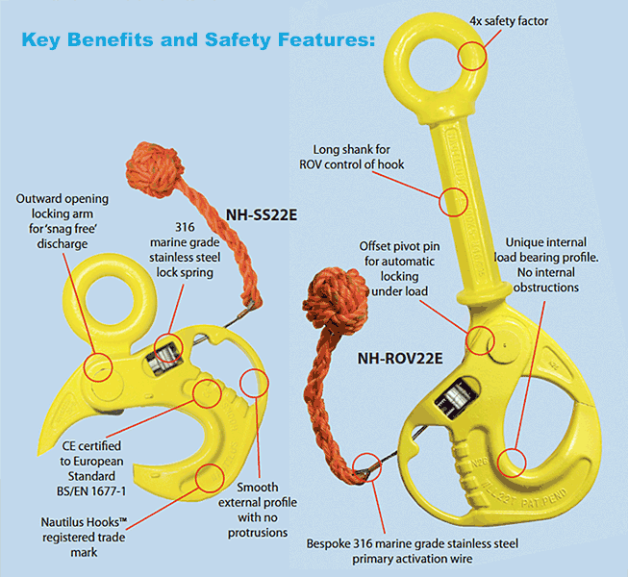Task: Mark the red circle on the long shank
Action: click(453, 202)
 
